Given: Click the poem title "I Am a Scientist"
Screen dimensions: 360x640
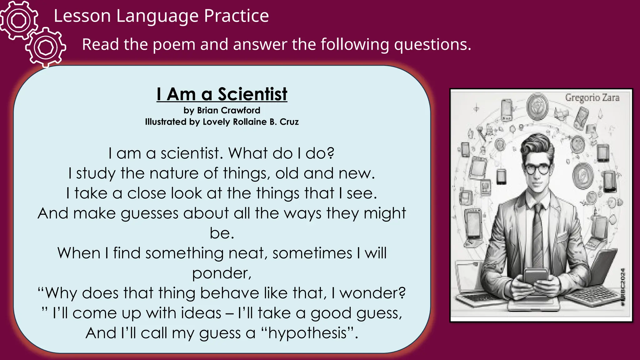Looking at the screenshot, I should (222, 94).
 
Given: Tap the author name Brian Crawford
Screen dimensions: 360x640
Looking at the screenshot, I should (228, 110).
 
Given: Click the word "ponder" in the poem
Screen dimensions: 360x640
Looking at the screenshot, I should (220, 273).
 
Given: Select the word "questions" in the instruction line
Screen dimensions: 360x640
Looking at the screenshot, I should (432, 44).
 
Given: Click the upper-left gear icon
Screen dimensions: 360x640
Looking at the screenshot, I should (19, 20).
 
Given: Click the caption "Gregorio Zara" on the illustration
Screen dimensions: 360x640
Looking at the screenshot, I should (592, 98).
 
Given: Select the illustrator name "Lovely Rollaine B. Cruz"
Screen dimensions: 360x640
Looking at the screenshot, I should (251, 122).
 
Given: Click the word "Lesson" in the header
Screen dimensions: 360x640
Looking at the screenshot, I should (82, 16).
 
